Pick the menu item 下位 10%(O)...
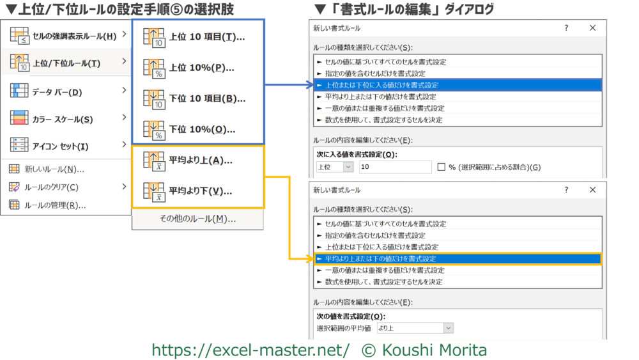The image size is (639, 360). [197, 129]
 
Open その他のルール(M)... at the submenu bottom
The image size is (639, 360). [197, 219]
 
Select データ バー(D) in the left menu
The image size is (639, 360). [57, 92]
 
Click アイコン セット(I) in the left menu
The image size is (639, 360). [60, 146]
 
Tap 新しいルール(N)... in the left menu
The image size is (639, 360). [54, 169]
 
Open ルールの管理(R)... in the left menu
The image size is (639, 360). [55, 205]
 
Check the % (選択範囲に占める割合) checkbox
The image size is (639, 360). [442, 167]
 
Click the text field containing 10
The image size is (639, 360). [396, 167]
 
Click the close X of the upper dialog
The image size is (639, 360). [592, 28]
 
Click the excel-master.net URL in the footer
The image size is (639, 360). [250, 350]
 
